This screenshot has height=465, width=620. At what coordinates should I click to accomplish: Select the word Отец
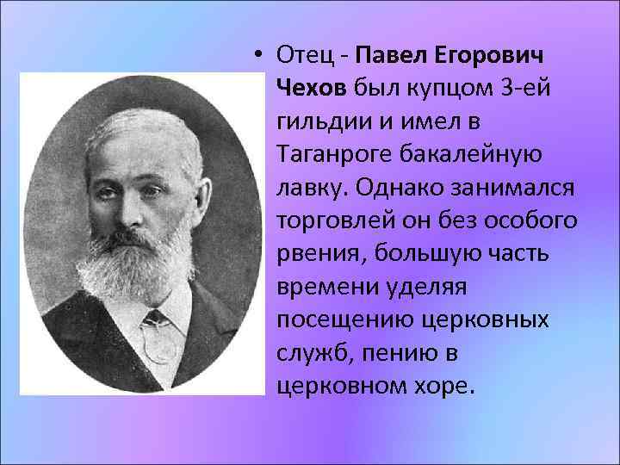(305, 55)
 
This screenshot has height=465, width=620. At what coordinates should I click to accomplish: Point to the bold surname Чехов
(311, 88)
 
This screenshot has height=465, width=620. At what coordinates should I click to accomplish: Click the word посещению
(345, 319)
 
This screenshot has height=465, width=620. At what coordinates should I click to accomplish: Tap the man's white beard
(138, 267)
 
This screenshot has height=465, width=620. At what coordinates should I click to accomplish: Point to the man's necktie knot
(158, 320)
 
